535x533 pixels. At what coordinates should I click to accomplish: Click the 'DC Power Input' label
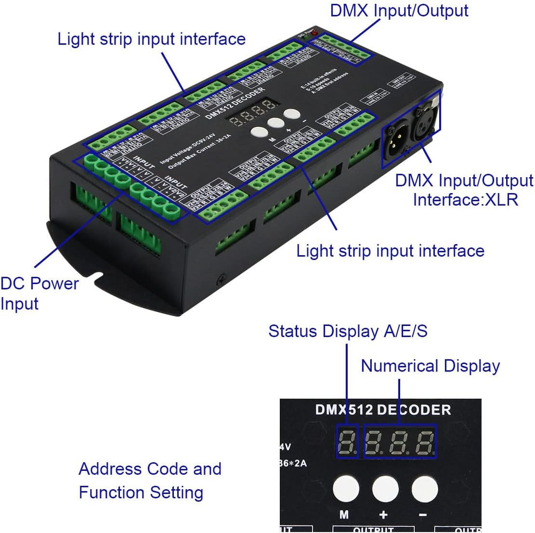(39, 293)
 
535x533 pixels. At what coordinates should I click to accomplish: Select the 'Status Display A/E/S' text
(348, 331)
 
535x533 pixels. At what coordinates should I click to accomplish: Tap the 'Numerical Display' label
(430, 366)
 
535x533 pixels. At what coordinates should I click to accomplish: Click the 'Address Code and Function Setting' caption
(149, 480)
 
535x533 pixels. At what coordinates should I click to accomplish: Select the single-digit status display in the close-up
(347, 441)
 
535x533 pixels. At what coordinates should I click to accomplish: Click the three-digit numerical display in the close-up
(400, 441)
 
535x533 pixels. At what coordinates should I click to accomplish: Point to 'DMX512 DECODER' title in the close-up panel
(382, 410)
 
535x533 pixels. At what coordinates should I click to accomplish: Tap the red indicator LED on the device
(315, 34)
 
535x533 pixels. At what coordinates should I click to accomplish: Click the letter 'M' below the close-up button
(344, 515)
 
